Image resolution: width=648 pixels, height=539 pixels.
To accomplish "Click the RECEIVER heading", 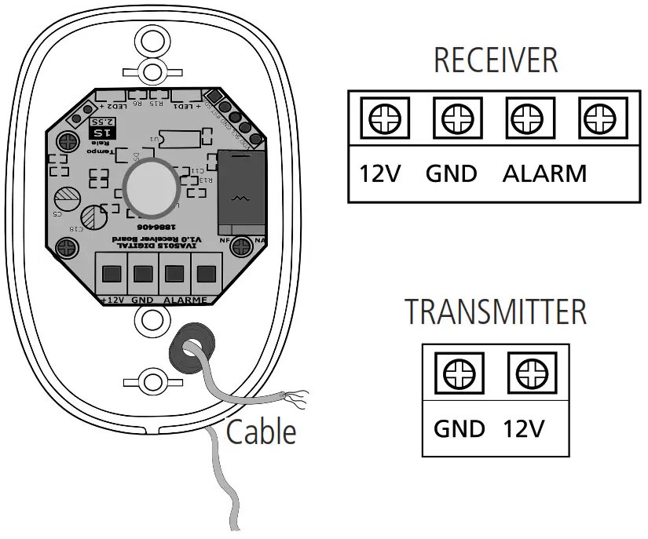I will pos(496,60).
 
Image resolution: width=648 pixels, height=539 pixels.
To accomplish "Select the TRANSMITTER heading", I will pos(496,311).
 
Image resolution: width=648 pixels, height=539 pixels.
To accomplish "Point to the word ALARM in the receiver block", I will pos(544,173).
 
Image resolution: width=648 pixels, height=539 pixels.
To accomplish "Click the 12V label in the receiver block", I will pos(381,173).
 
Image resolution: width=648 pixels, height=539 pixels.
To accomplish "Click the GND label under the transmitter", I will pos(459,429).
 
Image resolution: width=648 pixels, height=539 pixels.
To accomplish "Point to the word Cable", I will pos(262,432).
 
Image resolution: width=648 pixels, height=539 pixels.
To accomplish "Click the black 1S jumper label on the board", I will pos(101,133).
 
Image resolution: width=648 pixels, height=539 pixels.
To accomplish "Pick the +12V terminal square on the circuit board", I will pos(112,274).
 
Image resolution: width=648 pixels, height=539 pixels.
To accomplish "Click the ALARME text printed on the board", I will pos(185,300).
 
